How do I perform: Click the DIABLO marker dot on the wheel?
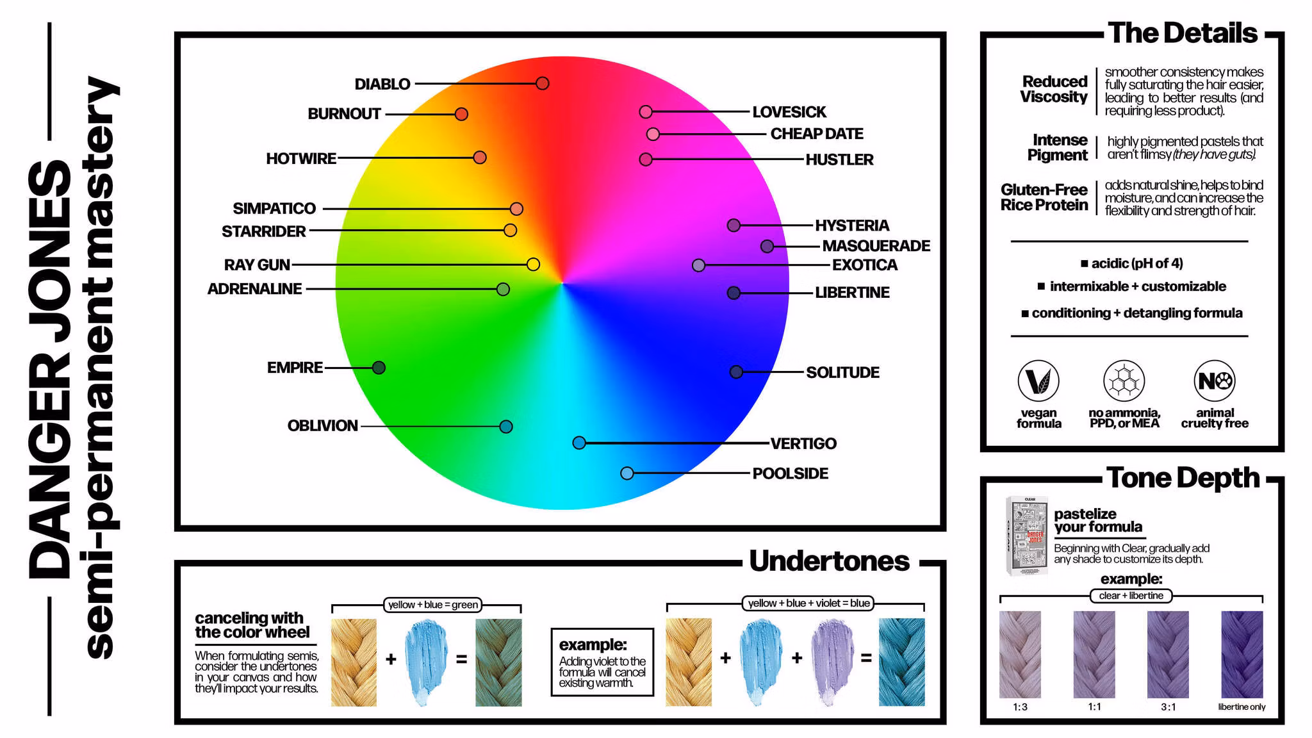pos(543,83)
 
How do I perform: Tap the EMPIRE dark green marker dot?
pos(379,368)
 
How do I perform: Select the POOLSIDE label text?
pos(790,473)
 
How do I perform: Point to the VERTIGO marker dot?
pos(579,443)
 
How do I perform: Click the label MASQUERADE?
pos(876,246)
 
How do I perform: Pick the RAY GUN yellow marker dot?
pos(533,265)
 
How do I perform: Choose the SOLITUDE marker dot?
pos(736,372)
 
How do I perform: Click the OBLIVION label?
pos(322,426)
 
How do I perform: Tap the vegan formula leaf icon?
pos(1038,381)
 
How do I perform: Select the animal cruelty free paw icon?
pos(1214,381)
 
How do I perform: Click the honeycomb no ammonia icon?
pos(1124,381)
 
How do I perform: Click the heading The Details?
pos(1183,33)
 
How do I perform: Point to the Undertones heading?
pos(829,561)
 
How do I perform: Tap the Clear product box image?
pos(1027,536)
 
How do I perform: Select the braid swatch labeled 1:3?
pos(1020,654)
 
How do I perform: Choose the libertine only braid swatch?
pos(1242,654)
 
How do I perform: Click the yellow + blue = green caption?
pos(433,605)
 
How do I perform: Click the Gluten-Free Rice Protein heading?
pos(1044,197)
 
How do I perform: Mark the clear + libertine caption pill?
pos(1131,596)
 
